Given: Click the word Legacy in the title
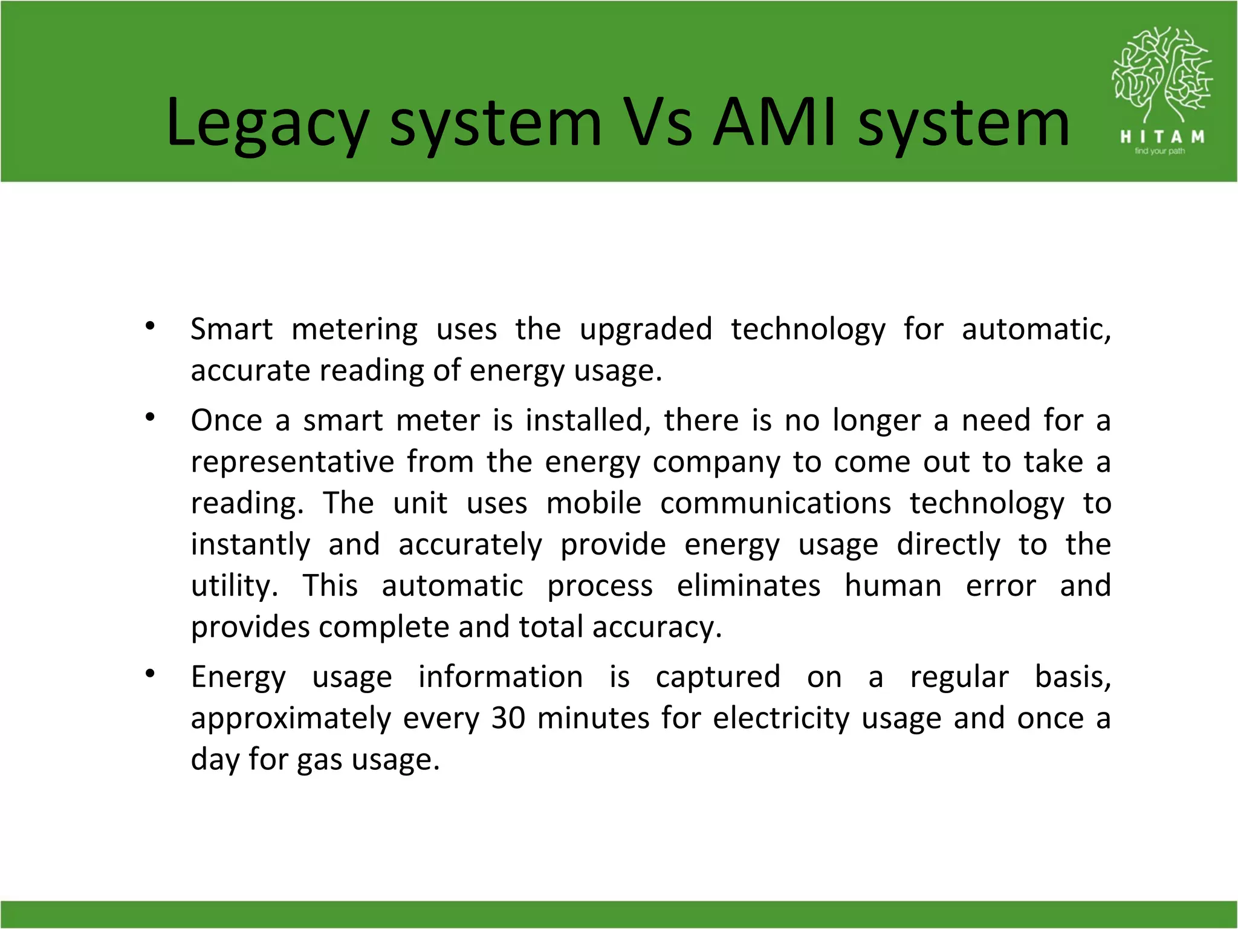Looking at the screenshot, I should point(266,124).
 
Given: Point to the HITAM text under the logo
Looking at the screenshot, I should point(1162,137).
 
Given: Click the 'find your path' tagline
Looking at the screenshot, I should point(1159,151).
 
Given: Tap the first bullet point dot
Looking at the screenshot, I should point(151,327).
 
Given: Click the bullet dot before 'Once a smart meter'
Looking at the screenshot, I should point(151,417).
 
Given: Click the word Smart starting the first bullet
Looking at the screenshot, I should point(232,330).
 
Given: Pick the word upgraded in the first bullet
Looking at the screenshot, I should point(646,330).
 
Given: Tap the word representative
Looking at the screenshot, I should point(293,463).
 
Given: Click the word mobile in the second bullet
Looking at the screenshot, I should point(594,504).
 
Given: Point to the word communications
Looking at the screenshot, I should point(776,504).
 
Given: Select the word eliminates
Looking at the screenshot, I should point(748,586).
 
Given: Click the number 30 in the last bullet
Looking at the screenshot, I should point(508,719).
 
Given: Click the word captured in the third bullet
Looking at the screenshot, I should point(718,677).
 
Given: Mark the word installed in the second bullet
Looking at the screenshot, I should point(588,421).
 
